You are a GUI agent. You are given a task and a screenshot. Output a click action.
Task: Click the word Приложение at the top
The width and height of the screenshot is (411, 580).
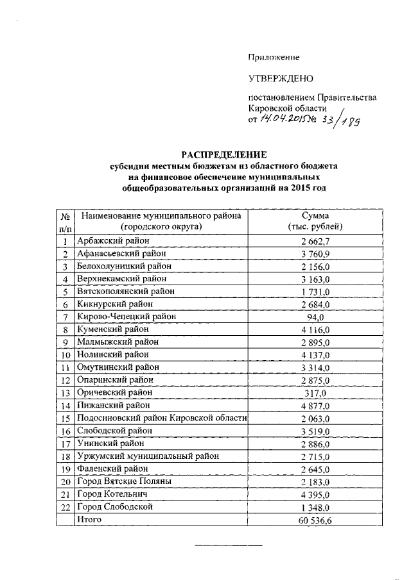(x=274, y=57)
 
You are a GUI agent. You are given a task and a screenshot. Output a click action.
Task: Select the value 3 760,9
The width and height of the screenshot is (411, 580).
(x=315, y=254)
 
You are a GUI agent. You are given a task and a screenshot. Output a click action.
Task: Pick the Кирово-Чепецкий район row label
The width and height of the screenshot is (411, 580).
(x=126, y=316)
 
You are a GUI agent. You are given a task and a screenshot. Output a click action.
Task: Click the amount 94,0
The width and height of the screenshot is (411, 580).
(x=315, y=317)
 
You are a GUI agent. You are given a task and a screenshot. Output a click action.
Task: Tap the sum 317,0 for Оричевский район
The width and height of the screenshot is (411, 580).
(x=315, y=393)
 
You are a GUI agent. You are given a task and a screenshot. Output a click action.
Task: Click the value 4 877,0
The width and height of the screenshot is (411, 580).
(x=315, y=406)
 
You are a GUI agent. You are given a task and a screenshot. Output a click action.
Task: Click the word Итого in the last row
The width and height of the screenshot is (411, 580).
(x=90, y=519)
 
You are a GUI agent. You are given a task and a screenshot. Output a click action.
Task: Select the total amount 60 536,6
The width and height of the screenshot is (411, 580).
(x=315, y=520)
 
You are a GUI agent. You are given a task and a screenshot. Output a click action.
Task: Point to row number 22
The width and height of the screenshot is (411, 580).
(x=65, y=507)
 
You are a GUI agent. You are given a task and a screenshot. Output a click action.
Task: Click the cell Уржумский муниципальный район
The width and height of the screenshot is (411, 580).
(x=147, y=456)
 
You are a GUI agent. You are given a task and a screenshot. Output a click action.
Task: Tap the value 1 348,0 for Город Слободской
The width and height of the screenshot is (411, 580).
(x=315, y=507)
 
